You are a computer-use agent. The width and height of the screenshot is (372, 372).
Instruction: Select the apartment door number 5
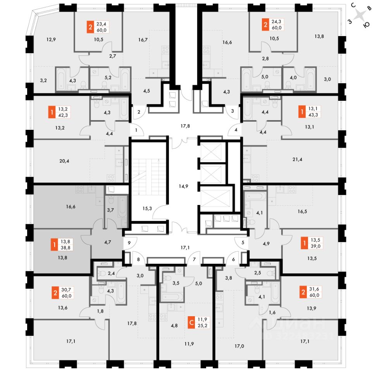[x=242, y=243]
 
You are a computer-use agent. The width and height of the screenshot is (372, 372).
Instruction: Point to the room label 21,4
[x=296, y=159]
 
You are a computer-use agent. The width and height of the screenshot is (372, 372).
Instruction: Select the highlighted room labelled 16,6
[x=71, y=207]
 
